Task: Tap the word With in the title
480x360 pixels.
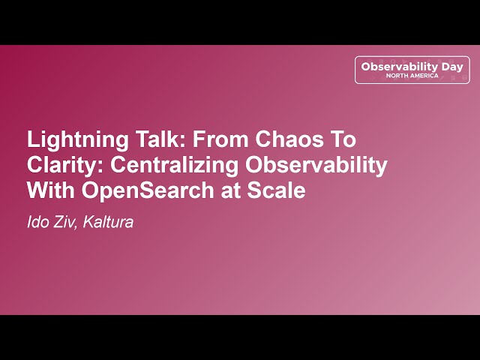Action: click(x=51, y=190)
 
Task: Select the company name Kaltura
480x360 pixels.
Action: click(x=108, y=222)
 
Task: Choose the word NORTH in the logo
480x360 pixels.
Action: click(x=397, y=76)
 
